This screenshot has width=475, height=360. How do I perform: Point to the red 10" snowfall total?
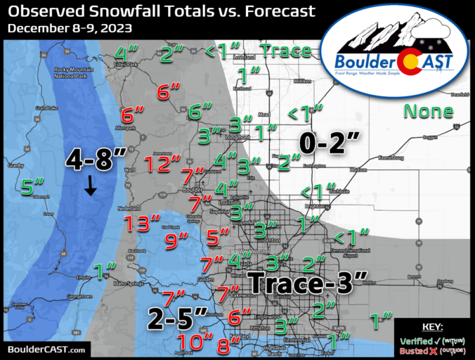pyautogui.click(x=195, y=342)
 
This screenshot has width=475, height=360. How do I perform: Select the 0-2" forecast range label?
pyautogui.click(x=329, y=143)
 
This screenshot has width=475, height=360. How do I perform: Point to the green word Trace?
pyautogui.click(x=285, y=51)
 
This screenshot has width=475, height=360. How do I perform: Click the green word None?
pyautogui.click(x=428, y=111)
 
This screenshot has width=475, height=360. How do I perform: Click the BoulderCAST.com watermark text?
pyautogui.click(x=47, y=349)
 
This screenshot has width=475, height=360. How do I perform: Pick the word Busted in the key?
pyautogui.click(x=415, y=350)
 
